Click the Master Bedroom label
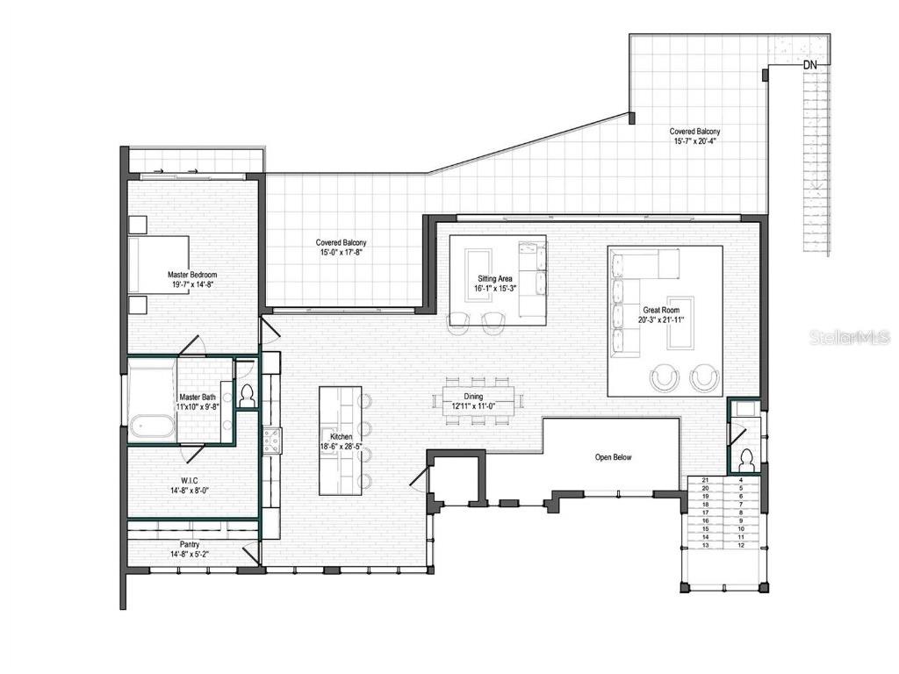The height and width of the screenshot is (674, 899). pyautogui.click(x=191, y=275)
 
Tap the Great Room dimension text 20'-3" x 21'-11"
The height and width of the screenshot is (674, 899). pyautogui.click(x=665, y=320)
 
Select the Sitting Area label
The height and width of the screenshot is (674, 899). pyautogui.click(x=494, y=278)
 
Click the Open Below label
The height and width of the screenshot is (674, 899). pyautogui.click(x=613, y=457)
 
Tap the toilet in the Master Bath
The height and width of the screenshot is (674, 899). pyautogui.click(x=247, y=396)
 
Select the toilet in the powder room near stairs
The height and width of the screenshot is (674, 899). pyautogui.click(x=746, y=459)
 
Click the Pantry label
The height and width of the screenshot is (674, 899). pyautogui.click(x=190, y=545)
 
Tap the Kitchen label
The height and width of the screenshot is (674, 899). pyautogui.click(x=341, y=436)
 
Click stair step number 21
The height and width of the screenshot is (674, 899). pyautogui.click(x=705, y=480)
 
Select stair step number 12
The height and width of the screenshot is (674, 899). pyautogui.click(x=741, y=545)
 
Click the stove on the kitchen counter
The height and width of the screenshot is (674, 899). pyautogui.click(x=270, y=438)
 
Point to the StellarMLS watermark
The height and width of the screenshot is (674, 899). pyautogui.click(x=849, y=337)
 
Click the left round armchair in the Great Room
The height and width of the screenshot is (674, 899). pyautogui.click(x=665, y=378)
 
